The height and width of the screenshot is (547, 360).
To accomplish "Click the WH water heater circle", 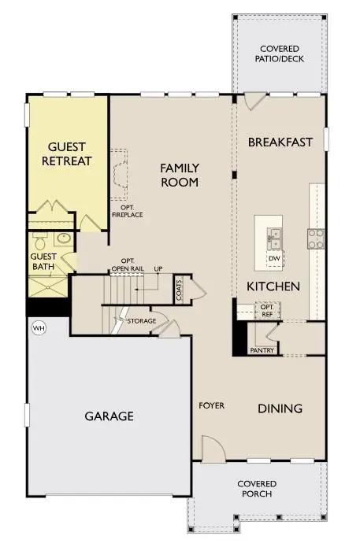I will [38, 327].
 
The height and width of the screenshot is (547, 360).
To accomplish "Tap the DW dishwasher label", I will [274, 258].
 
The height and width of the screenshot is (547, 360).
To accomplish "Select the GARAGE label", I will [109, 416].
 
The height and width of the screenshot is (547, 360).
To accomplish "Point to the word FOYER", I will [211, 405].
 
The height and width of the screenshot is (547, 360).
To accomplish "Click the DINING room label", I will [280, 408].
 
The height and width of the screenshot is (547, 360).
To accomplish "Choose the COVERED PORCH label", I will [254, 488].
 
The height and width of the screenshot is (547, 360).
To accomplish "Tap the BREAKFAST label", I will [280, 142].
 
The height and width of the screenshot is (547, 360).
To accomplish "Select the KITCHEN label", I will [273, 286].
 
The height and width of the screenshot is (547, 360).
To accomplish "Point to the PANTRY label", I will [260, 349].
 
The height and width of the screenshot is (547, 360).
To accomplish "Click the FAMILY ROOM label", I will [180, 175].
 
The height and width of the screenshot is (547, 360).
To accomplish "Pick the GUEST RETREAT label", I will [70, 154].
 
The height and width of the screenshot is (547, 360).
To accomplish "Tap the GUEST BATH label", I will [43, 261].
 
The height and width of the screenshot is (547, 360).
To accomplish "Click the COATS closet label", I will [180, 289].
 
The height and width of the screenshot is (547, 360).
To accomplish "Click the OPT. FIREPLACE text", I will [127, 211].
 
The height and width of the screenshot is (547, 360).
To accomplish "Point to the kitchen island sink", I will [274, 235].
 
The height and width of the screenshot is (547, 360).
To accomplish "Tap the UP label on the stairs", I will [158, 268].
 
